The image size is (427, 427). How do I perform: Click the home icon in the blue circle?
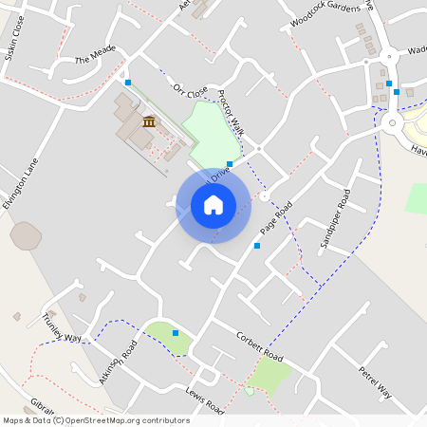pos(213,204)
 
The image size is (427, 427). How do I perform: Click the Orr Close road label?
pos(190,91)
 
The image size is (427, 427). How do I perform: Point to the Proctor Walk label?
pos(231,113)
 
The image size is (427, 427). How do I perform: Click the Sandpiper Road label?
pos(335,219)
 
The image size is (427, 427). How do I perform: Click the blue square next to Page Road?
pos(257,246)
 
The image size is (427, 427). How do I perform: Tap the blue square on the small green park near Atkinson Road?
pos(176,332)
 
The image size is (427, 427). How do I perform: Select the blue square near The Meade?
pos(128,83)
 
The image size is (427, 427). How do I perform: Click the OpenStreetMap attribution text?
pos(96,420)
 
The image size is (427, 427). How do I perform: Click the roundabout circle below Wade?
pos(392,121)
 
